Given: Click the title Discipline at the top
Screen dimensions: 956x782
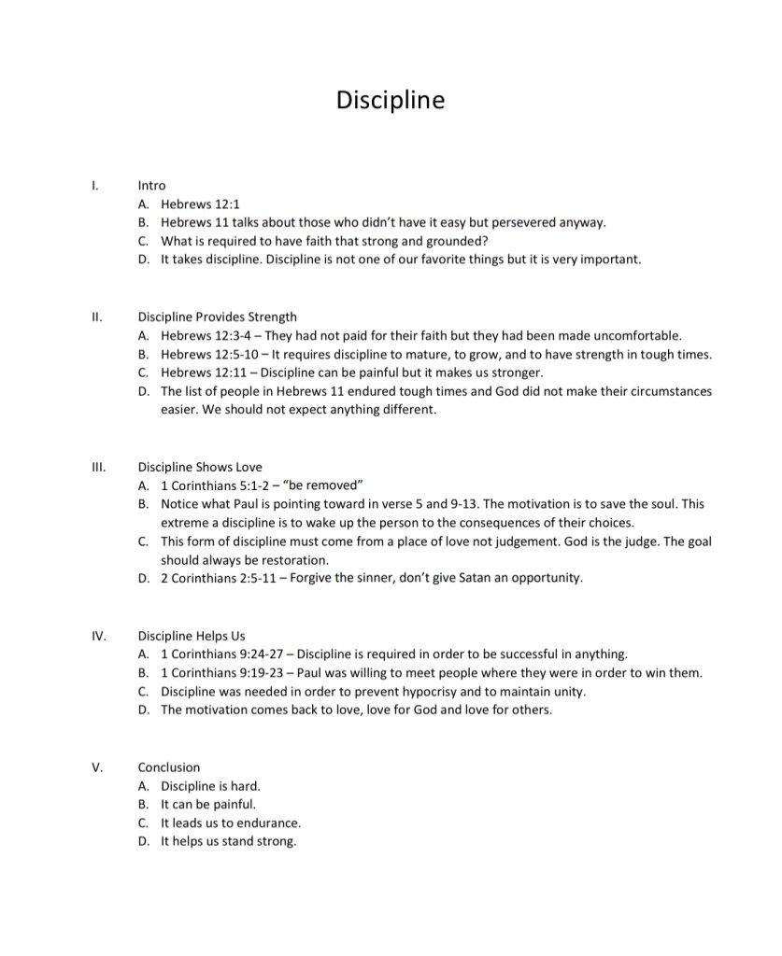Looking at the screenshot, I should [391, 99].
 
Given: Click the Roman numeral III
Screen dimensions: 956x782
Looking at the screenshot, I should [98, 467].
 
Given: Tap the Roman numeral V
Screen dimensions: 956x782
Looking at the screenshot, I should [96, 767].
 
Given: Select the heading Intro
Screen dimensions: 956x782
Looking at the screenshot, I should [151, 186].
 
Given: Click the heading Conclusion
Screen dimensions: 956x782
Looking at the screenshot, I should [169, 767].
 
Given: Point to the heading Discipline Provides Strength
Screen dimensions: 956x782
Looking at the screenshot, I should [218, 316].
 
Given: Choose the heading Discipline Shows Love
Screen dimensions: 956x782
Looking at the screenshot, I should [200, 467].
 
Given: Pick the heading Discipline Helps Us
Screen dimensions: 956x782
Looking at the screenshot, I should [192, 636].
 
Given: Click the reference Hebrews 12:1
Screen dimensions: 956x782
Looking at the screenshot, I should [202, 204].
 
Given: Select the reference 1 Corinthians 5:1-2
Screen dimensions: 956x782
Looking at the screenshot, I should [219, 485].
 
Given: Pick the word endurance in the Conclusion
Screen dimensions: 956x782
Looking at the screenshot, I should [265, 823].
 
